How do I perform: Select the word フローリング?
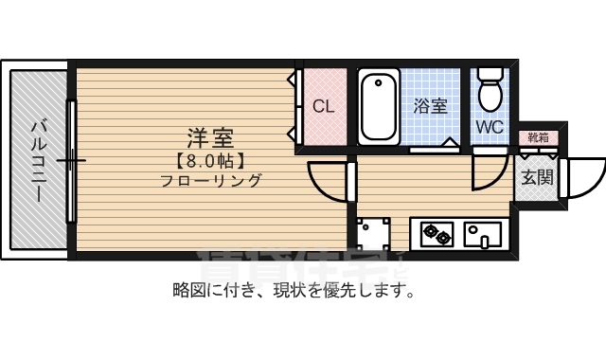[x=210, y=181]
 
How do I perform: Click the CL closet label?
[x=324, y=106]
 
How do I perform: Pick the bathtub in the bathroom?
[x=379, y=106]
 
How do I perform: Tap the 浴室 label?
[x=431, y=106]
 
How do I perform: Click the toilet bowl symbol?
[x=490, y=90]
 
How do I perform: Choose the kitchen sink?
[x=483, y=231]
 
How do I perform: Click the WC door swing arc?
[x=490, y=169]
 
